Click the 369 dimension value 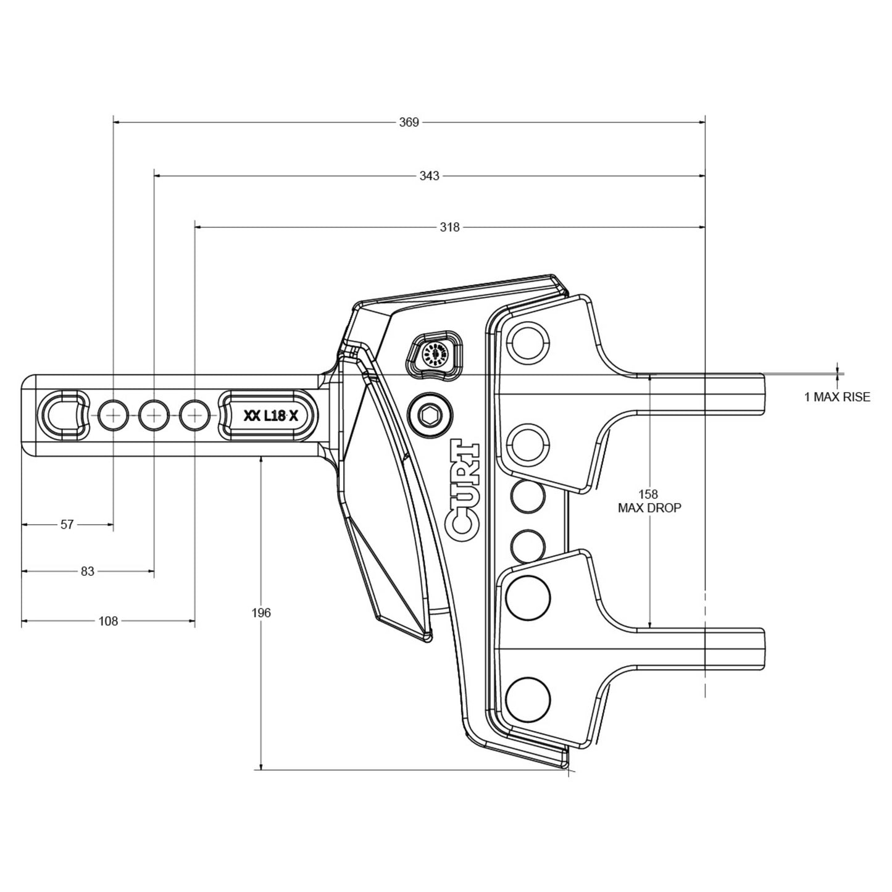[x=409, y=122]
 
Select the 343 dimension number [x=429, y=176]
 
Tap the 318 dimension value [x=449, y=227]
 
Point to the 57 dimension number [x=67, y=525]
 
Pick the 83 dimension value [x=88, y=572]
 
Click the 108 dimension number [x=108, y=621]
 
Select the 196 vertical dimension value [x=261, y=613]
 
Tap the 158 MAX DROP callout [x=649, y=501]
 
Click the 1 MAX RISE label [x=837, y=397]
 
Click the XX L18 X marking [x=270, y=416]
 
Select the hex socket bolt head [x=430, y=415]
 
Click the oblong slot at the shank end [x=64, y=414]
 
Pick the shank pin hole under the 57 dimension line [x=114, y=415]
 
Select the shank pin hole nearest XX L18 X [x=195, y=415]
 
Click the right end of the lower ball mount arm [x=763, y=649]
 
